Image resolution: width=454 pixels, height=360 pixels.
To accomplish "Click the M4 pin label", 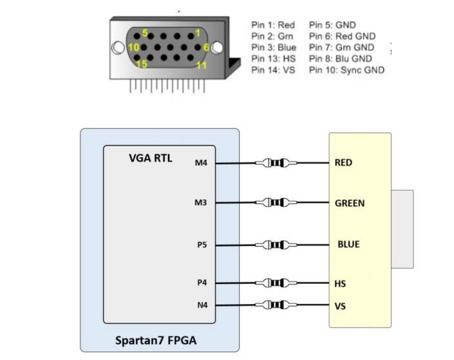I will point(201,163).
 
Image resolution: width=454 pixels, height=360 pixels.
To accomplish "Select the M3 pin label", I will point(201,204).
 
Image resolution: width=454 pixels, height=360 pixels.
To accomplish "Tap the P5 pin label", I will point(202,245).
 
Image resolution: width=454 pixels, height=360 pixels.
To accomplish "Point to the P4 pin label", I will point(202,283).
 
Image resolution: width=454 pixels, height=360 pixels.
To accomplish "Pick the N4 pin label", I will point(202,305).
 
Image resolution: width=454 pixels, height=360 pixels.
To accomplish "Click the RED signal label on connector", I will point(343,163).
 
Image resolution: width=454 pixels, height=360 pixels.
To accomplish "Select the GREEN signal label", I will point(350,204).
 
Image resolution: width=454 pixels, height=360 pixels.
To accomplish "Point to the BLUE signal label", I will point(348,245).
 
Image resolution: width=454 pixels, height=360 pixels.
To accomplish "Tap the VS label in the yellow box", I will point(340,306).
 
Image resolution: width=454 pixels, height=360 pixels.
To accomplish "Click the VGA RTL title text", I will point(151,158).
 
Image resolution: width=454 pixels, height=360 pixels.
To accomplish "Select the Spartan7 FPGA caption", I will point(156,341).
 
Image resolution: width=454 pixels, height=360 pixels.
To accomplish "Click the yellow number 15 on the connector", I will point(142,64).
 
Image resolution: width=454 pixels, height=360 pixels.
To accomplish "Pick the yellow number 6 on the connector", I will point(206,47).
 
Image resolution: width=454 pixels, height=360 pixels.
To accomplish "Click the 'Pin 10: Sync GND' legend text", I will point(346,70).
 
